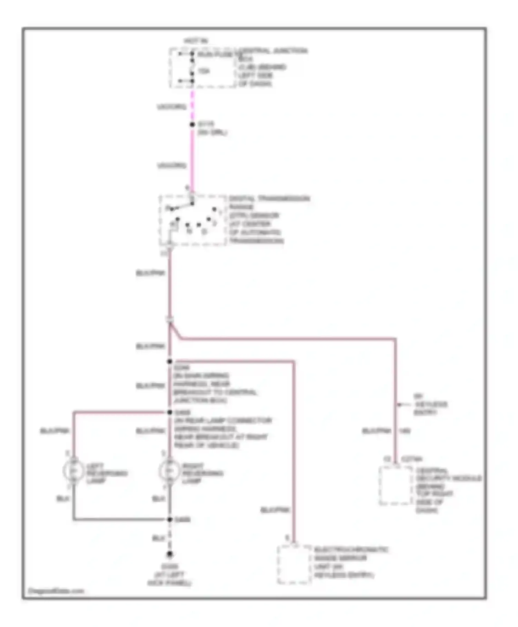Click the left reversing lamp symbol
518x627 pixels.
(x=73, y=470)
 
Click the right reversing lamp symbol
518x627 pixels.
(x=169, y=470)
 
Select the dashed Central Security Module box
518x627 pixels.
(x=395, y=485)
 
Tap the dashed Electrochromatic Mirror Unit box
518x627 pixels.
(x=294, y=564)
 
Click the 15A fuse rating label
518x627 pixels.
(x=203, y=71)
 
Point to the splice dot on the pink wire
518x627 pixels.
(x=192, y=124)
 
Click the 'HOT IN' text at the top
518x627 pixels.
(x=196, y=41)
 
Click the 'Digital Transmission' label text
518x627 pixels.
(x=269, y=198)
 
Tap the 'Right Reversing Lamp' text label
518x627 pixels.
(x=202, y=473)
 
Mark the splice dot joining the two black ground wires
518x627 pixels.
(x=170, y=520)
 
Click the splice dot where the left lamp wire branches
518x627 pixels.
(x=170, y=412)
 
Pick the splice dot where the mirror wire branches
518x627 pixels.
(x=170, y=362)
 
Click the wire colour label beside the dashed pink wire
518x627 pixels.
(x=171, y=107)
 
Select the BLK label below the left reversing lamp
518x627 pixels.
(x=63, y=499)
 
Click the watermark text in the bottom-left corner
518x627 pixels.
(x=56, y=591)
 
